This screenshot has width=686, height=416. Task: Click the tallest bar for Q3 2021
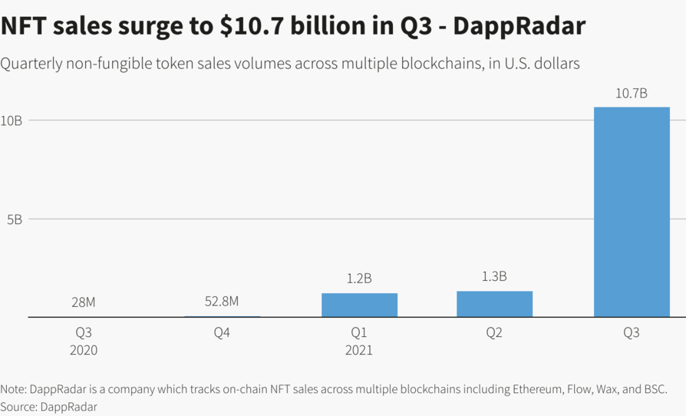click(631, 212)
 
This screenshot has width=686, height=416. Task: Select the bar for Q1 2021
click(359, 305)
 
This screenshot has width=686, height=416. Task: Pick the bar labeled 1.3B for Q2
click(494, 304)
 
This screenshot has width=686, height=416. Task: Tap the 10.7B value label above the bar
click(631, 94)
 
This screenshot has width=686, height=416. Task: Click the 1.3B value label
click(494, 276)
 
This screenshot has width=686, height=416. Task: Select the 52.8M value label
click(222, 302)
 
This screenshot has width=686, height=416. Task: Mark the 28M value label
click(83, 302)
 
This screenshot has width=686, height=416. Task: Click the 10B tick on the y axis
click(12, 121)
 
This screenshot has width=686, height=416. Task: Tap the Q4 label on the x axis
click(222, 333)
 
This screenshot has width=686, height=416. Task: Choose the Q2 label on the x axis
click(494, 333)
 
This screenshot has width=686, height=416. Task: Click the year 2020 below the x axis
click(83, 350)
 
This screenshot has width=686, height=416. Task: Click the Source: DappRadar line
click(49, 407)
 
